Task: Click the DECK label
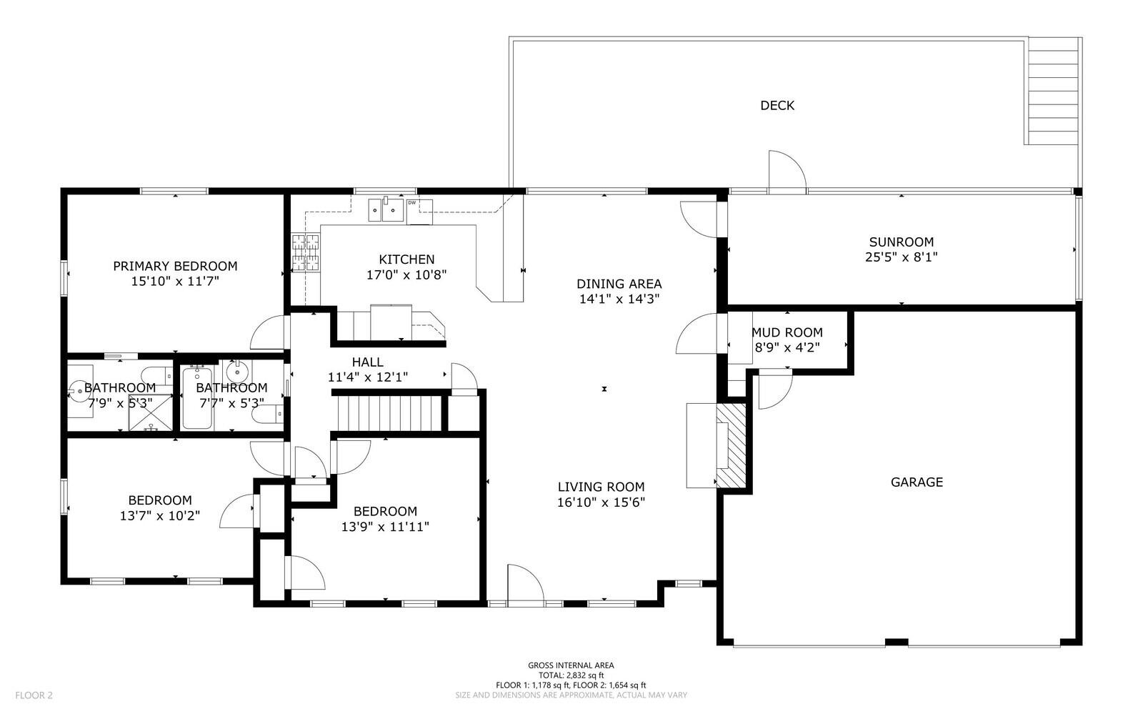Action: coord(777,106)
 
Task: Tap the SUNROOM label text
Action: coord(902,242)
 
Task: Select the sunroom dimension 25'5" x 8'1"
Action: coord(902,257)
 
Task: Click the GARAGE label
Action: coord(917,482)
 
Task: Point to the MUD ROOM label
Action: coord(787,333)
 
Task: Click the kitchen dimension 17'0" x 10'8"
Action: coord(406,275)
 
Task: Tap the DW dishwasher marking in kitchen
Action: coord(411,203)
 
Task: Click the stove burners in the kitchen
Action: coord(305,252)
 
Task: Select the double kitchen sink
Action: coord(386,210)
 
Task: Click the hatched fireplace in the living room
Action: coord(731,445)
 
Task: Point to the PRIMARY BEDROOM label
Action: coord(175,267)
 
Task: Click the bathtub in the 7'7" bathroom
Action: coord(197,397)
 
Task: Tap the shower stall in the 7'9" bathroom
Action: coord(150,412)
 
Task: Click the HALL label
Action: coord(367,362)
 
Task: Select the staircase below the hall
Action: coord(389,414)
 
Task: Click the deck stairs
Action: coord(1052,91)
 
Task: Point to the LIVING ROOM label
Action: coord(601,487)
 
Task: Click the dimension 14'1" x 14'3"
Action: coord(619,299)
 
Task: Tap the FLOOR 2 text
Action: coord(34,695)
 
